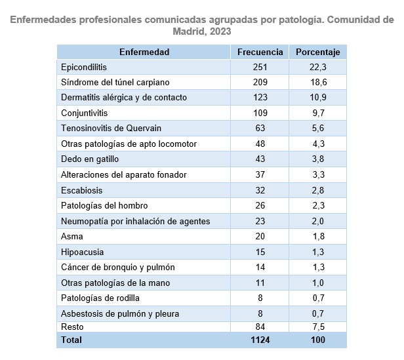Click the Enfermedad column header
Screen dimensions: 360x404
click(x=144, y=52)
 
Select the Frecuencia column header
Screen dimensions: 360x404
click(x=260, y=52)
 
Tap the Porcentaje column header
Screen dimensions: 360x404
click(x=317, y=52)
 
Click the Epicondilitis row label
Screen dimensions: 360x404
click(x=83, y=67)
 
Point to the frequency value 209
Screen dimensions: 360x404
click(x=260, y=82)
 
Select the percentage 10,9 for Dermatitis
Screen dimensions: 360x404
click(x=317, y=97)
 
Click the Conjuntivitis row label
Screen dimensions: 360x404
click(x=84, y=113)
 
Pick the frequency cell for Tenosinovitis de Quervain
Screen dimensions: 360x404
click(x=260, y=128)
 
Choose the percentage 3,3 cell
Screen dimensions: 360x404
click(x=317, y=174)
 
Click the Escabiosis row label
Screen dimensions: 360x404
click(x=81, y=190)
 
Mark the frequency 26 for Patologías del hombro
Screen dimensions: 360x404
click(x=260, y=205)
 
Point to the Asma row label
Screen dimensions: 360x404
click(x=71, y=236)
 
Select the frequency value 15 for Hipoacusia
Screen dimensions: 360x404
click(x=260, y=252)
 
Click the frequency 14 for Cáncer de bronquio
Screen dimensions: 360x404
click(x=260, y=267)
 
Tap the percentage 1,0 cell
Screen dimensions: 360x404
click(x=317, y=283)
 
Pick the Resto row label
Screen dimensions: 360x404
click(x=72, y=327)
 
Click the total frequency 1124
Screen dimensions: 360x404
click(x=260, y=340)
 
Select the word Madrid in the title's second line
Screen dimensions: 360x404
click(x=188, y=31)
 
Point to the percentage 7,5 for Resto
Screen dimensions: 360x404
click(x=317, y=327)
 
